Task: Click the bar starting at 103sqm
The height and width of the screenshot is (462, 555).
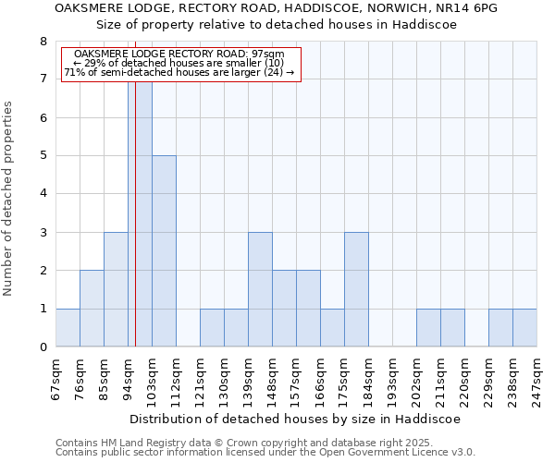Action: (164, 251)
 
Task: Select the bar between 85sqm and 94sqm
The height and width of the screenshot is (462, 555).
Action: (116, 289)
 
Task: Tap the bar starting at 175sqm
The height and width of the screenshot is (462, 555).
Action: (356, 289)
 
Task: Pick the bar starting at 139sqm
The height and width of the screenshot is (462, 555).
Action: (260, 289)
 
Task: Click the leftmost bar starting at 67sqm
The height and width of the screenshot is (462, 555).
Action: (68, 328)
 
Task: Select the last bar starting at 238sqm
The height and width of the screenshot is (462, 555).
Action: (524, 328)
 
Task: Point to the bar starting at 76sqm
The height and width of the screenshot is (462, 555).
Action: (92, 309)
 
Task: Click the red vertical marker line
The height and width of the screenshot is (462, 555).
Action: (135, 231)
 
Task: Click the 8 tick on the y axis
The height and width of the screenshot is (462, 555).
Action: (43, 42)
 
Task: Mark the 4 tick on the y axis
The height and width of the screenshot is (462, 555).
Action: (43, 194)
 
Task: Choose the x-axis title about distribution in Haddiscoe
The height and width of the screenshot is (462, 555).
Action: (295, 419)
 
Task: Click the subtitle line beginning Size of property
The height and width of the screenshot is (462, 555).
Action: (277, 25)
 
